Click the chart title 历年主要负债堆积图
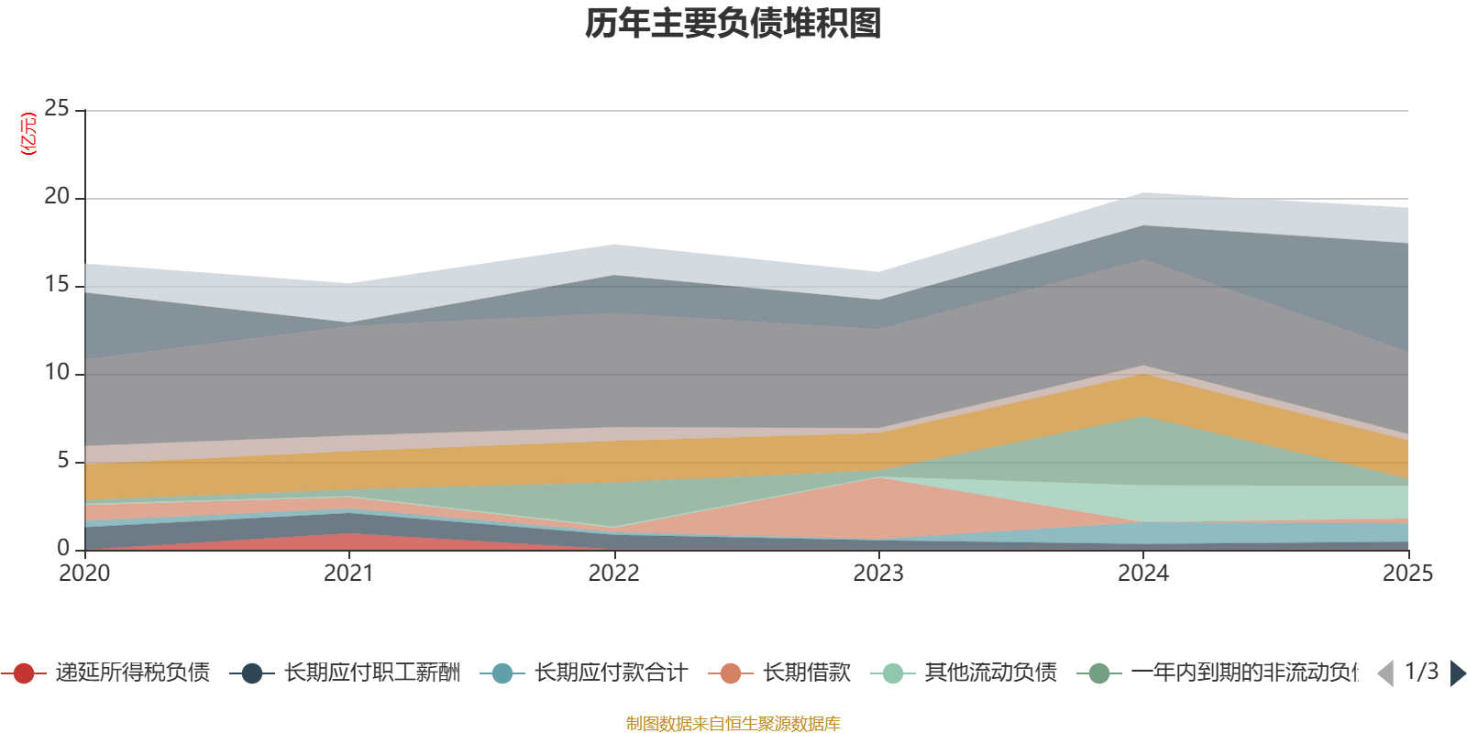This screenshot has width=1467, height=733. click(x=733, y=24)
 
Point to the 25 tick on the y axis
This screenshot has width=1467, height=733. click(x=57, y=109)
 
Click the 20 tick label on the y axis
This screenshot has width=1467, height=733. click(x=57, y=197)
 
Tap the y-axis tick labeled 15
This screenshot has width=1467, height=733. click(x=57, y=285)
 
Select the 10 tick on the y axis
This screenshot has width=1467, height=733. click(x=57, y=373)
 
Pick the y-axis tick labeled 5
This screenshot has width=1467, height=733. click(x=63, y=461)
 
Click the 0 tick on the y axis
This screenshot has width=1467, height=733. click(x=63, y=548)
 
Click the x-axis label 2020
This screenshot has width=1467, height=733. click(x=84, y=574)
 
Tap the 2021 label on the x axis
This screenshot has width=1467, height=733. click(x=348, y=574)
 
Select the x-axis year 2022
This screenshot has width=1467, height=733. click(x=613, y=574)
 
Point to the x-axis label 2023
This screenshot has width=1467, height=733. click(x=878, y=574)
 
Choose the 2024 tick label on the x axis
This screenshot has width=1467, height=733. click(x=1142, y=574)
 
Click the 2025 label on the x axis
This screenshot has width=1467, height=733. click(x=1407, y=574)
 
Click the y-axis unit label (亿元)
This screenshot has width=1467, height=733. click(x=28, y=134)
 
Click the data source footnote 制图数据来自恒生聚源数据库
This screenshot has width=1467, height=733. click(x=733, y=724)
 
